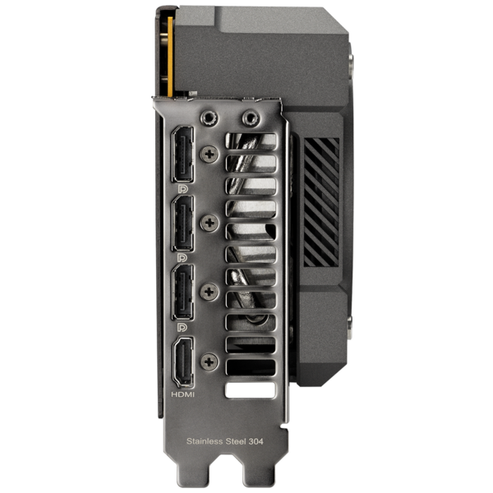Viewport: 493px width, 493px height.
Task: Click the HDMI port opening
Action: click(x=183, y=362)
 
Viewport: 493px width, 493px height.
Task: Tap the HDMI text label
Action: click(x=182, y=394)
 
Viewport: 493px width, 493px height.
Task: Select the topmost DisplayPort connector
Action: click(x=182, y=154)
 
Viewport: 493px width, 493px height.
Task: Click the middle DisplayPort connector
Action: click(x=182, y=223)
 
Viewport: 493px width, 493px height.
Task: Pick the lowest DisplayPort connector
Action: click(x=182, y=292)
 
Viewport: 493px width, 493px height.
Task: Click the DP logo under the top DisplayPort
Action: click(x=182, y=189)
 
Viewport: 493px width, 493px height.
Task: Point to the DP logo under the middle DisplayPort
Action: click(x=182, y=258)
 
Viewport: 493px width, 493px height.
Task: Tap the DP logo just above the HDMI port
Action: click(x=182, y=328)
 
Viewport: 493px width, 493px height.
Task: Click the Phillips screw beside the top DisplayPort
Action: click(x=210, y=154)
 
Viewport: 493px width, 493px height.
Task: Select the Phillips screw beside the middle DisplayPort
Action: click(x=210, y=223)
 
